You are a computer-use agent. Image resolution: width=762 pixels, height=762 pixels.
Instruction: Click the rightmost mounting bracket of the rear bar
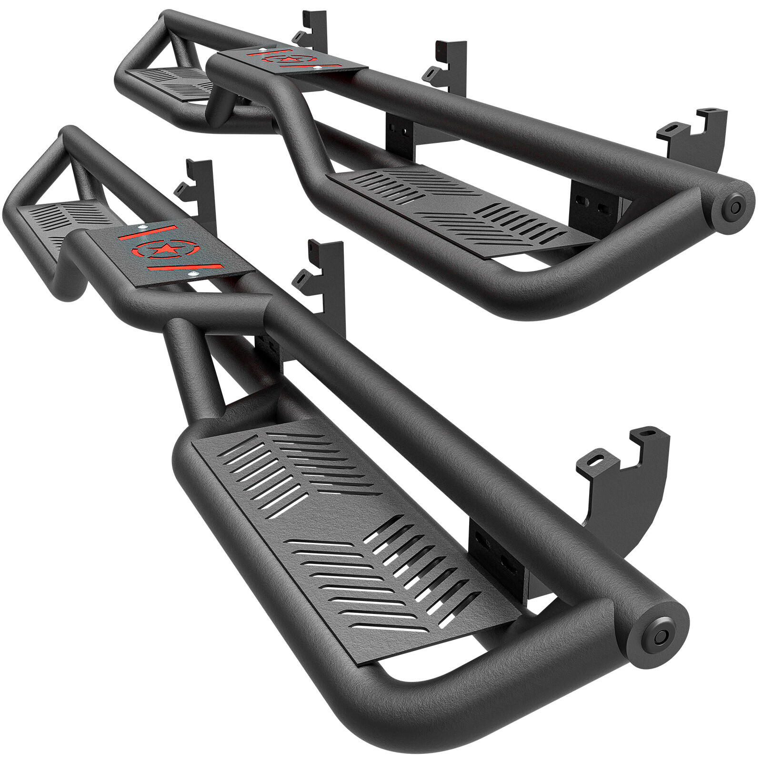[695, 133]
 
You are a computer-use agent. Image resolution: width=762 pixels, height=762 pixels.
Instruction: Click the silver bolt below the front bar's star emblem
[192, 275]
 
